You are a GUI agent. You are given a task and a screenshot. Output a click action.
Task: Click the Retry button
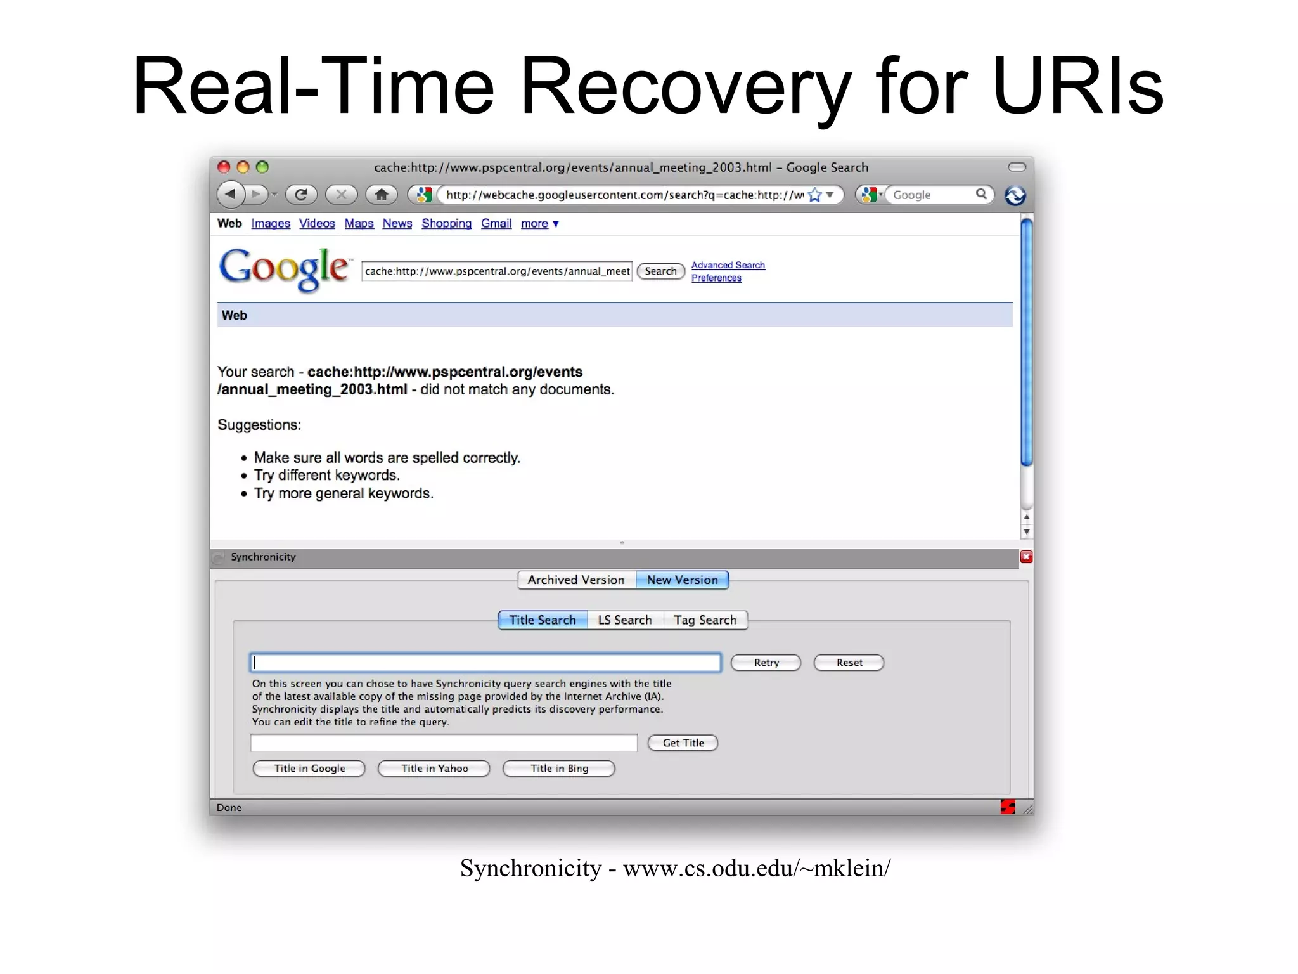pos(766,663)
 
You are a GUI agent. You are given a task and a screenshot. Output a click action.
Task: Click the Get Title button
pos(683,743)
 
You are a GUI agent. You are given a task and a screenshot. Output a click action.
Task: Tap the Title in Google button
pos(309,769)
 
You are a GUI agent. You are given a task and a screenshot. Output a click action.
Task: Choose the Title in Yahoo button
pos(434,769)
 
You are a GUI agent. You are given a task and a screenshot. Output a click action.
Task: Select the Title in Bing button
pos(559,769)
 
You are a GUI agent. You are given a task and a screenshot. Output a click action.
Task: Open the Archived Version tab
pos(575,580)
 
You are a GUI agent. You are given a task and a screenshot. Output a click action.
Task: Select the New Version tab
pos(682,580)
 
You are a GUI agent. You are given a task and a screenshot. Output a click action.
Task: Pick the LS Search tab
pos(624,620)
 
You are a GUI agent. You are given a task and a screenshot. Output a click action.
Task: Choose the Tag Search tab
pos(705,620)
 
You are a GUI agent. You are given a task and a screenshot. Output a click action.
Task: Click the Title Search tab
pos(543,620)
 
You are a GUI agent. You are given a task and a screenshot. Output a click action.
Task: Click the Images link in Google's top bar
pos(271,223)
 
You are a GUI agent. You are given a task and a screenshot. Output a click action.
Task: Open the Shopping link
pos(446,223)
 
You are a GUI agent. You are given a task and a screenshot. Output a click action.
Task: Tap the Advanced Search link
pos(728,265)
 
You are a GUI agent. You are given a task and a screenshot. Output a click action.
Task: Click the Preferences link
pos(716,278)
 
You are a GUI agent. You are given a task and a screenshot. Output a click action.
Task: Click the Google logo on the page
pos(284,269)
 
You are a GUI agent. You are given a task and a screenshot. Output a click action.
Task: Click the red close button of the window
pos(224,167)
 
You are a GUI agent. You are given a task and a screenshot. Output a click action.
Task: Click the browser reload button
pos(301,194)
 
